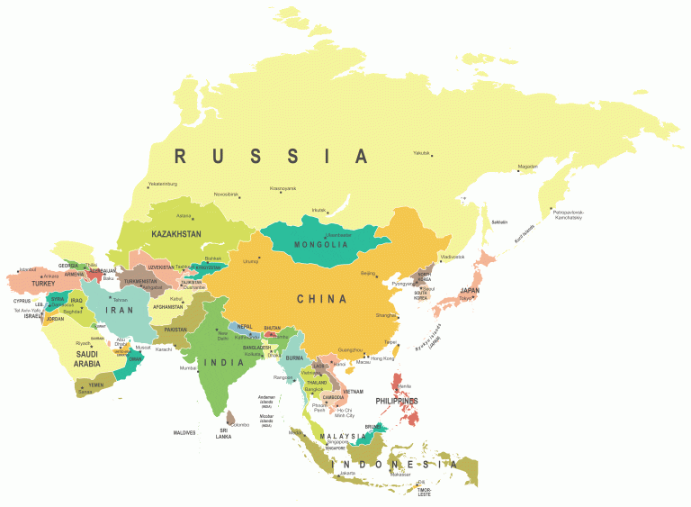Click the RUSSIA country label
pos(271,157)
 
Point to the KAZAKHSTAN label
pos(176,234)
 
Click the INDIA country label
pos(224,362)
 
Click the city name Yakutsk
pos(422,152)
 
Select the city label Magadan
pos(528,167)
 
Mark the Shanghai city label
pos(386,315)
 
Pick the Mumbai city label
pos(188,367)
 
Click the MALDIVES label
pos(185,432)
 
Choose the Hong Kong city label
pos(382,358)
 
